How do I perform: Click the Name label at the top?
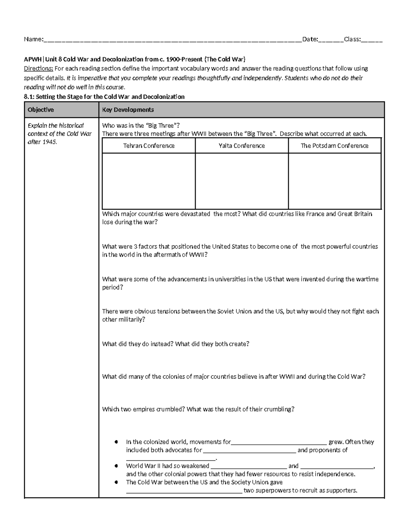[x=33, y=39]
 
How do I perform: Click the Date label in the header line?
[x=310, y=39]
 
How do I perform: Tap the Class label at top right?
[x=352, y=39]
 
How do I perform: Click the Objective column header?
[x=41, y=110]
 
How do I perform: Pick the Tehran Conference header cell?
[x=149, y=146]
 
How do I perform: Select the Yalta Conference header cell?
[x=241, y=146]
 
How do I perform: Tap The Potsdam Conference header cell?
[x=335, y=146]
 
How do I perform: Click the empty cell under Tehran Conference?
[x=149, y=181]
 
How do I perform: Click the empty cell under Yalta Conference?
[x=241, y=181]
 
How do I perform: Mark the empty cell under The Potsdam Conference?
[x=335, y=181]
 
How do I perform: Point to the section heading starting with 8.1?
[x=104, y=97]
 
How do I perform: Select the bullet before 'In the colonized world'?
[x=117, y=442]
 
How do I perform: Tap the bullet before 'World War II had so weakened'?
[x=117, y=466]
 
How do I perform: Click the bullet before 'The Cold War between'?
[x=117, y=482]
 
